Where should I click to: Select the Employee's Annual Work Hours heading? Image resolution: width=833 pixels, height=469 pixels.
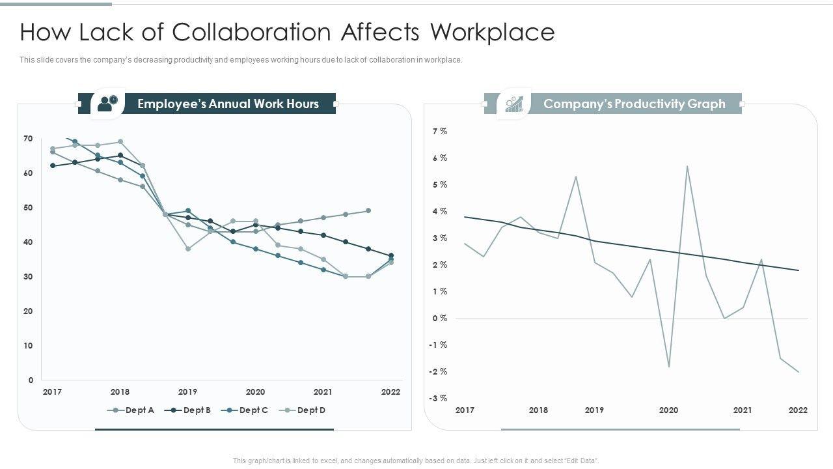coord(228,104)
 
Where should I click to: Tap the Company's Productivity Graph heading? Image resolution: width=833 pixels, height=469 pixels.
coord(634,104)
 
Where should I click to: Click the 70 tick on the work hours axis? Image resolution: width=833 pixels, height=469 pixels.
coord(28,139)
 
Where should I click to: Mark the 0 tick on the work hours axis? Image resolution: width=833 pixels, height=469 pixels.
coord(31,380)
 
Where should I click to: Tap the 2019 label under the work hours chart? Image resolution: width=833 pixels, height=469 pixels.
coord(187,392)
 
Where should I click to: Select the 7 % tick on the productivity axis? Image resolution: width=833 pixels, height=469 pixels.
coord(440,132)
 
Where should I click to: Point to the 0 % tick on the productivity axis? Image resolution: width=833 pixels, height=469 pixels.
coord(440,318)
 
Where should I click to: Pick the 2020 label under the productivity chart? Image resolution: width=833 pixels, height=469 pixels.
coord(668,410)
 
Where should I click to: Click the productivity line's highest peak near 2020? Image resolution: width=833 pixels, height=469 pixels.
coord(687,166)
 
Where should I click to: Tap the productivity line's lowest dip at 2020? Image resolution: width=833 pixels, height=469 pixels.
coord(668,367)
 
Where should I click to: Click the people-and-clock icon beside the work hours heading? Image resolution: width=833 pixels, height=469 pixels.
coord(108,103)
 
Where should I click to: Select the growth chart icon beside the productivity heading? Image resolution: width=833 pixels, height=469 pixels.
coord(514,104)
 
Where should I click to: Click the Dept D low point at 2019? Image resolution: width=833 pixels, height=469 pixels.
coord(188,249)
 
